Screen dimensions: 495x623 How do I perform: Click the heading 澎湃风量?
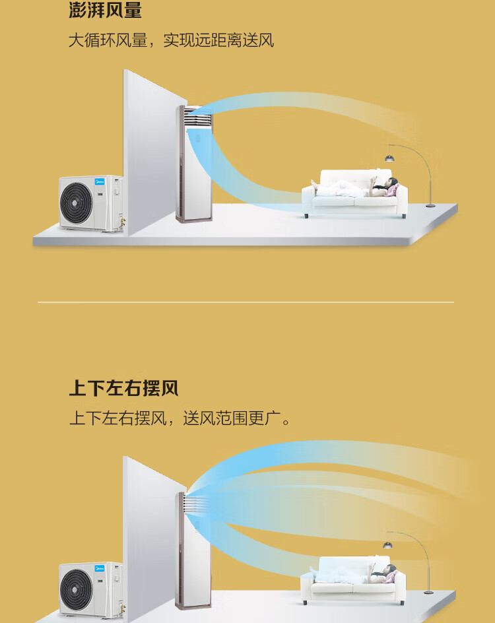click(x=106, y=9)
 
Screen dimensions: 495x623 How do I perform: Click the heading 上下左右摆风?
click(x=124, y=388)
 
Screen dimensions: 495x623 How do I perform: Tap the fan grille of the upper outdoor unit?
click(x=77, y=202)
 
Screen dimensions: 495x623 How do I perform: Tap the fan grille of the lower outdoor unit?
click(x=77, y=589)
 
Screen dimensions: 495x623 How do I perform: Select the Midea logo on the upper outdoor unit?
click(x=99, y=182)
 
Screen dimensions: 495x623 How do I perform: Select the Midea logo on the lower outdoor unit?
click(x=99, y=569)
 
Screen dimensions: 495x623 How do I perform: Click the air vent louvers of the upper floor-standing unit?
click(x=198, y=117)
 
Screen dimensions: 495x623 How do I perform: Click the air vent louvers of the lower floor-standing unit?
click(x=196, y=504)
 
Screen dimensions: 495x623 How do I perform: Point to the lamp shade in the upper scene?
click(x=389, y=159)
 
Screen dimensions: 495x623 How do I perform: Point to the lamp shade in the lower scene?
click(x=387, y=545)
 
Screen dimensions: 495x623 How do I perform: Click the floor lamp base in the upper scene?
click(x=430, y=205)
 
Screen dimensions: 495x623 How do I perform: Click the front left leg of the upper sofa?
click(x=306, y=216)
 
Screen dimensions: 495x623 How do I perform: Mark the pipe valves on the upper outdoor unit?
click(x=122, y=222)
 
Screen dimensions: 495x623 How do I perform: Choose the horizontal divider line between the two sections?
click(x=246, y=302)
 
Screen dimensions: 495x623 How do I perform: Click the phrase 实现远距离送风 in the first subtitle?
click(x=219, y=40)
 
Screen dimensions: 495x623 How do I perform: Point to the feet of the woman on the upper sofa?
click(x=315, y=184)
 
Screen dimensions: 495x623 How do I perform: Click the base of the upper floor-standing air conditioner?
click(x=194, y=219)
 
